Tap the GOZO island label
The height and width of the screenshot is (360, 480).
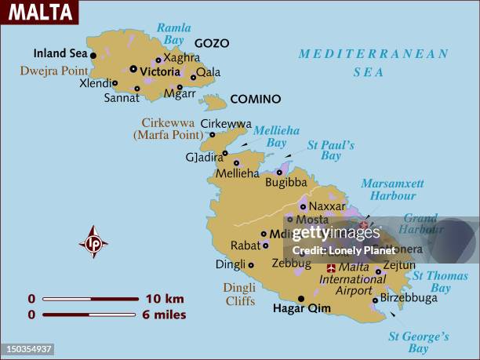tap(212, 43)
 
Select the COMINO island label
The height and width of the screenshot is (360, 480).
tap(255, 100)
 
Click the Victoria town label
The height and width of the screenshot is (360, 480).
tap(160, 71)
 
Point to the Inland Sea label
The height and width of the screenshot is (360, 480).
tap(60, 54)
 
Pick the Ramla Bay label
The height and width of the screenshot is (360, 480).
tap(173, 34)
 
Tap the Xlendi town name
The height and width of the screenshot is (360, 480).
tap(96, 82)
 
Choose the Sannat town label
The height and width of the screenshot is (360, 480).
tap(122, 98)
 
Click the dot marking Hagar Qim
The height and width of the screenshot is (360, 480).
tap(301, 298)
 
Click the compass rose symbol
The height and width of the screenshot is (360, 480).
tap(93, 242)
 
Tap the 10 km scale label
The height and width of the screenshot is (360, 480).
tap(164, 299)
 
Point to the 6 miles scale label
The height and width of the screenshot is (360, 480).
tap(165, 315)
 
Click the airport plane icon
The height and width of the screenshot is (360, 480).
tap(330, 267)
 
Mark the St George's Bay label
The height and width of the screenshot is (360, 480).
tap(419, 342)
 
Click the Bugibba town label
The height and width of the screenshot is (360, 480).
tap(285, 182)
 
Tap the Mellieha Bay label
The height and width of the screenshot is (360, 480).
tap(271, 137)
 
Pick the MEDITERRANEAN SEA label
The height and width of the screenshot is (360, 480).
tap(373, 63)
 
